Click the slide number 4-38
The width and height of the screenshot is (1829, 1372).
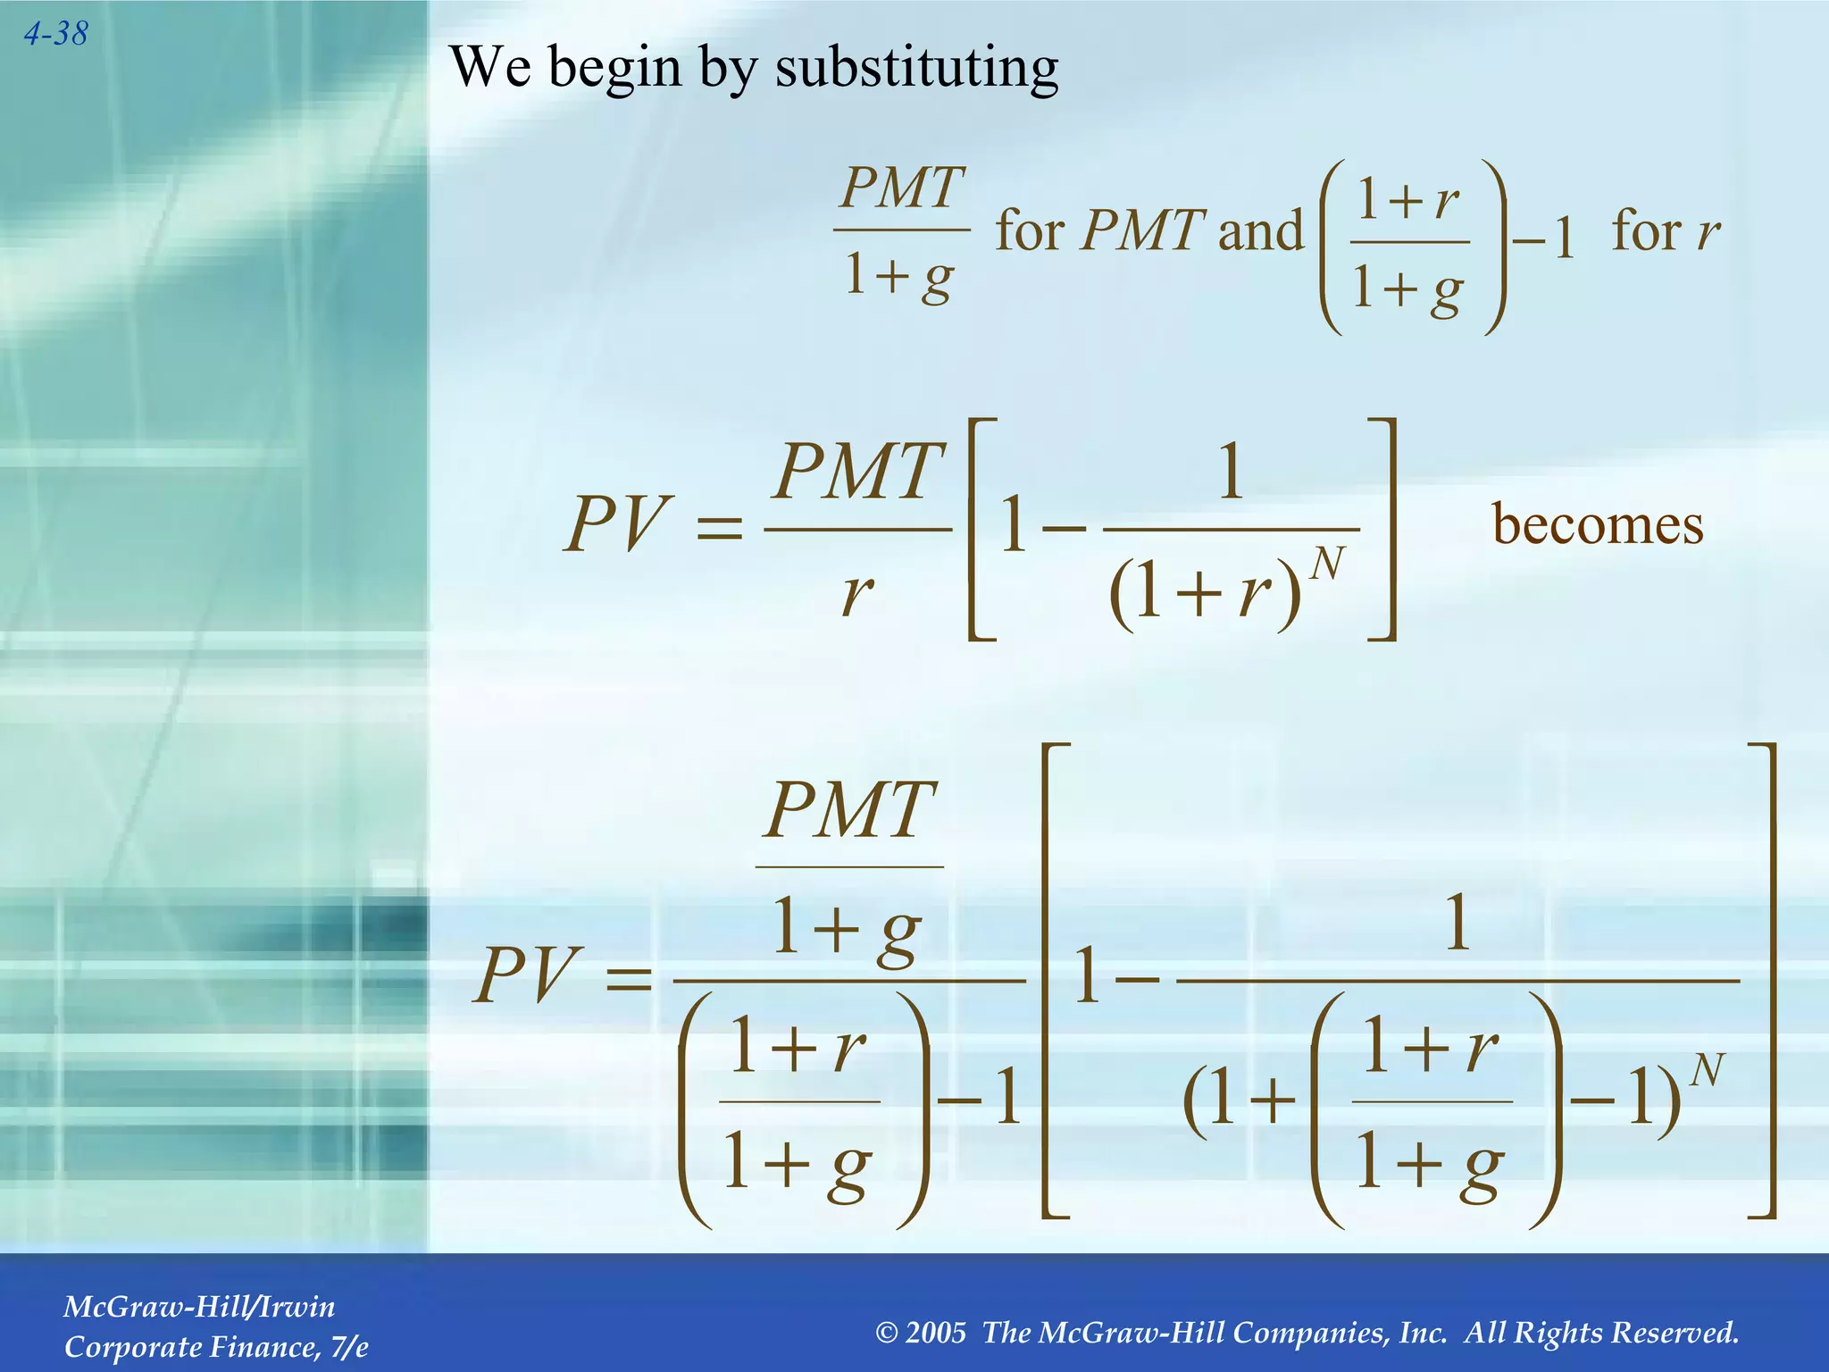[x=55, y=34]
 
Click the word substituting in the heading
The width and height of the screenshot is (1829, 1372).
[x=916, y=68]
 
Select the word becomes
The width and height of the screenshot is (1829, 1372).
[x=1598, y=524]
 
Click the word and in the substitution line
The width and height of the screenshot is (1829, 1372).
[x=1260, y=230]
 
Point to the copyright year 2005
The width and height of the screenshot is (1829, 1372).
[x=935, y=1332]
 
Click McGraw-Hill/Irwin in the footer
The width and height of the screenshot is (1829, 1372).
[x=199, y=1307]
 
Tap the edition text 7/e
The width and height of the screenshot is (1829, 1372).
[x=349, y=1346]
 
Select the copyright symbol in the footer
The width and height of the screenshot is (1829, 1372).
[x=886, y=1333]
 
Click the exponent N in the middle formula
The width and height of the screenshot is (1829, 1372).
[x=1327, y=565]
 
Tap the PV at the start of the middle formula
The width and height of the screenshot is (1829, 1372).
[x=617, y=524]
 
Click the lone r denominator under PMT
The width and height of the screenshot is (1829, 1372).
[x=856, y=592]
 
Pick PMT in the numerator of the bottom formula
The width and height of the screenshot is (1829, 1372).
[x=850, y=810]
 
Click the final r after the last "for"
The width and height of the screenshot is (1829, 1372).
[x=1708, y=232]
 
